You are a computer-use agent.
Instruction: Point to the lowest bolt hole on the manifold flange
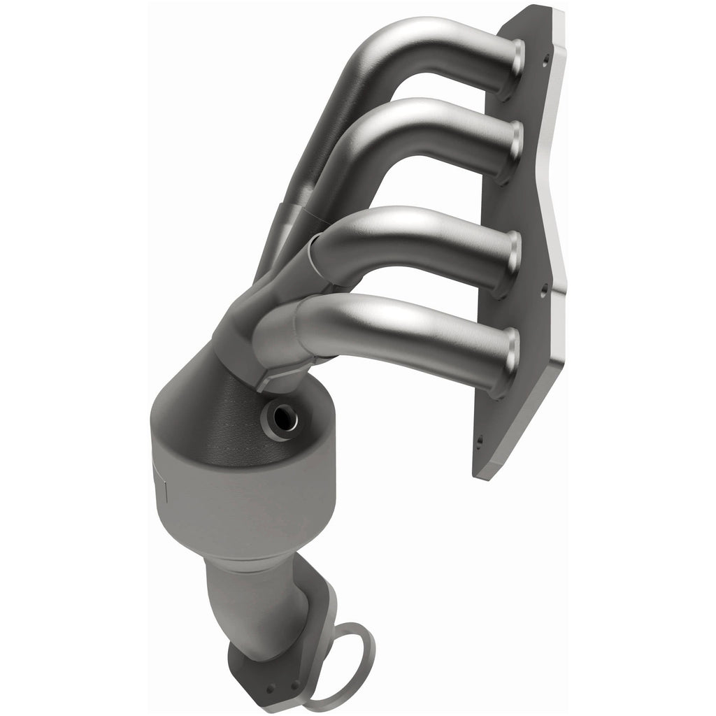click(480, 441)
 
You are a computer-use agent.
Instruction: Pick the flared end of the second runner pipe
click(516, 143)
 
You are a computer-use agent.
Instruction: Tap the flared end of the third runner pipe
click(515, 253)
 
